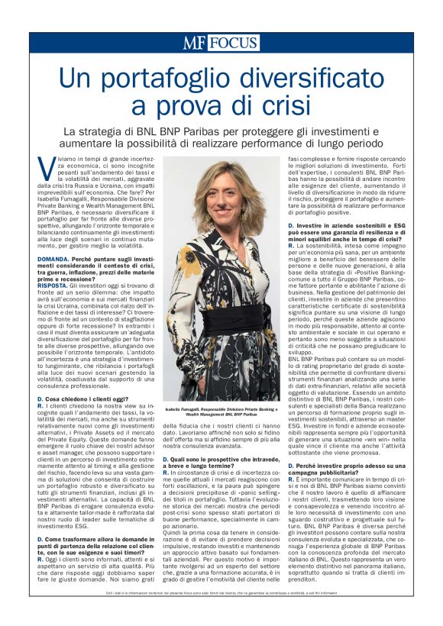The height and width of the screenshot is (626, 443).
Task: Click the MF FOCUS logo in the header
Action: coord(221,43)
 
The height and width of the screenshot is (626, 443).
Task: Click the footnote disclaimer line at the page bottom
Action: coord(221,614)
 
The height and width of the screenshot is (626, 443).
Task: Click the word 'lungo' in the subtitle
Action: coord(334,144)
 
